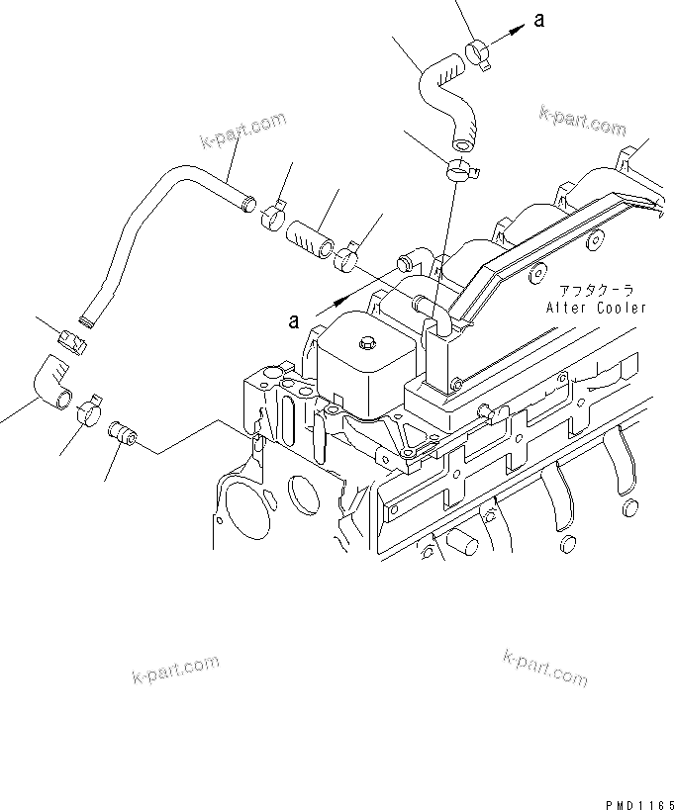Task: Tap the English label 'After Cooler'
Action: point(596,308)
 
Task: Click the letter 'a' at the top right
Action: point(538,21)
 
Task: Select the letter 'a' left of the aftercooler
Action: point(293,319)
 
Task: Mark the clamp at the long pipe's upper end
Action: point(273,212)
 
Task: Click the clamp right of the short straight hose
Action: point(346,258)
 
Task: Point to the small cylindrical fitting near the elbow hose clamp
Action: point(124,433)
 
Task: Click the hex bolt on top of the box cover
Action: point(369,343)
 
